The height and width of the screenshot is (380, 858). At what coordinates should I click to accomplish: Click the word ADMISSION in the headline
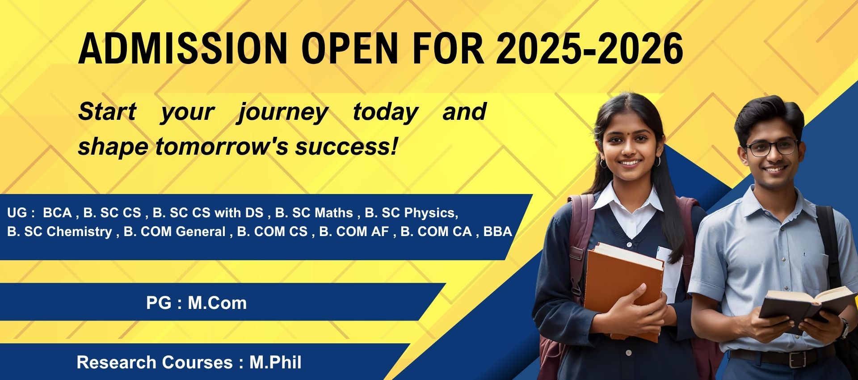(183, 48)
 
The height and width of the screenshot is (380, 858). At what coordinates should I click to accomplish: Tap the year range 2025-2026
(589, 48)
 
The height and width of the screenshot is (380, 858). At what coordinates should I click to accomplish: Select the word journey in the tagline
(283, 112)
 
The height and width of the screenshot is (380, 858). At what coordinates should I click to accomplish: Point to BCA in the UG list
(57, 213)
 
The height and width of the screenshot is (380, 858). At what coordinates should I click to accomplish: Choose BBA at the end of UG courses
(498, 232)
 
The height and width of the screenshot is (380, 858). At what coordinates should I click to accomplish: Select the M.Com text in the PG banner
(217, 303)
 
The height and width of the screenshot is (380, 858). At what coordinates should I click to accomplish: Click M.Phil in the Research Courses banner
(275, 362)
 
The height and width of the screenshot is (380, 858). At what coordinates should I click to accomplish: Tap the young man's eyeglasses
(771, 148)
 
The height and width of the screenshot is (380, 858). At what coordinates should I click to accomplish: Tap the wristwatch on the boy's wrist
(843, 328)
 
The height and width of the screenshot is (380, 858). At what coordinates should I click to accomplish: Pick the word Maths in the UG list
(333, 213)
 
